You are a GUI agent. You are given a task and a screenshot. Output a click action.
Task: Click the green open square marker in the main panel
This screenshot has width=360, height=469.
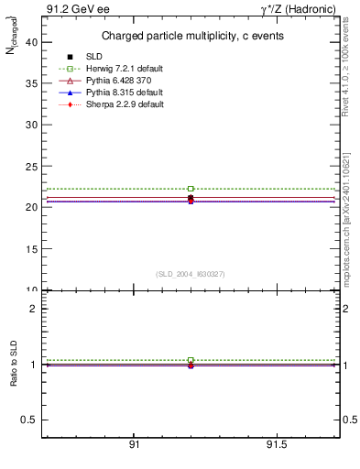[191, 189]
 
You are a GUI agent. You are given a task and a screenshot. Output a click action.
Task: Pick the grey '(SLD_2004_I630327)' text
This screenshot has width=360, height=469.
[190, 274]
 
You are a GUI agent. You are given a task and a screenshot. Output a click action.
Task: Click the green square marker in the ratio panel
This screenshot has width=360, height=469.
[191, 360]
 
